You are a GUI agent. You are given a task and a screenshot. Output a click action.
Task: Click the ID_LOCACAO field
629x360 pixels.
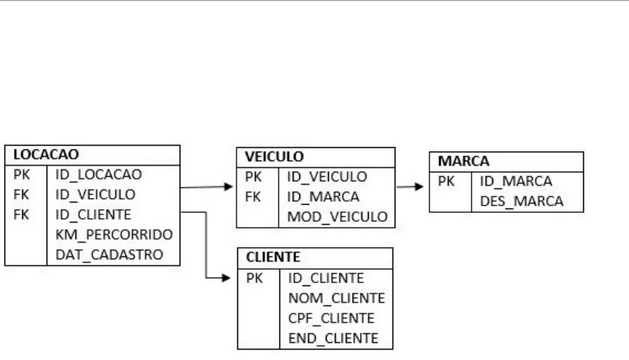pyautogui.click(x=98, y=174)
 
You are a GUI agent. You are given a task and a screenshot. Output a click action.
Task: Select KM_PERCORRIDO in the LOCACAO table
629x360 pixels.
pyautogui.click(x=113, y=234)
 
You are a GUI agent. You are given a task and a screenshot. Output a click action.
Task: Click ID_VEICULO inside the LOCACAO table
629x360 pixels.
pyautogui.click(x=95, y=194)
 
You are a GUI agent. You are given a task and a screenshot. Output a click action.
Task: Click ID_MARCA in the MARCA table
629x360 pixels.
pyautogui.click(x=511, y=180)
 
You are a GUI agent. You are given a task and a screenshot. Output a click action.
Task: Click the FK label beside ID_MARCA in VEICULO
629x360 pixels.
pyautogui.click(x=254, y=197)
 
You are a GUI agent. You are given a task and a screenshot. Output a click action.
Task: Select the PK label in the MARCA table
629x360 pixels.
pyautogui.click(x=446, y=180)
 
